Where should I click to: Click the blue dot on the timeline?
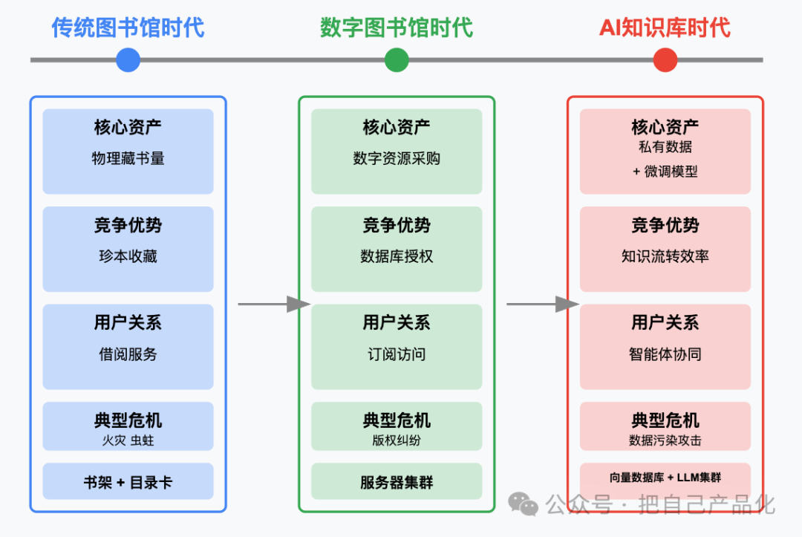tap(128, 60)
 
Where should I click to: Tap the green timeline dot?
tap(397, 60)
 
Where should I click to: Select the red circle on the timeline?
tap(665, 60)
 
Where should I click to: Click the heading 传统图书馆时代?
tap(128, 27)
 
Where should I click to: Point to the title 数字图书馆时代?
tap(397, 27)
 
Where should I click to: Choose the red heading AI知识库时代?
tap(665, 27)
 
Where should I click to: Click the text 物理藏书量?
tap(128, 158)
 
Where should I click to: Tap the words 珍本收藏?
tap(128, 256)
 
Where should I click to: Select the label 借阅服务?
tap(128, 354)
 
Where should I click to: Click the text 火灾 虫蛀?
tap(128, 440)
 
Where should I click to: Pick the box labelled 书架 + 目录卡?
tap(128, 481)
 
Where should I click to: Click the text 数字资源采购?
tap(397, 158)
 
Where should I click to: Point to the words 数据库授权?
tap(397, 256)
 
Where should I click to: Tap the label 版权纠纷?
tap(397, 440)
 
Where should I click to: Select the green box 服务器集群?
tap(397, 481)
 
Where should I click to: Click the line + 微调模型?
tap(665, 172)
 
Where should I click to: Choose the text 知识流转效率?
tap(665, 256)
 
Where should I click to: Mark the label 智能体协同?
tap(665, 354)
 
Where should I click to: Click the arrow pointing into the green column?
tap(274, 305)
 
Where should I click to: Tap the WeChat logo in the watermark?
tap(523, 504)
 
